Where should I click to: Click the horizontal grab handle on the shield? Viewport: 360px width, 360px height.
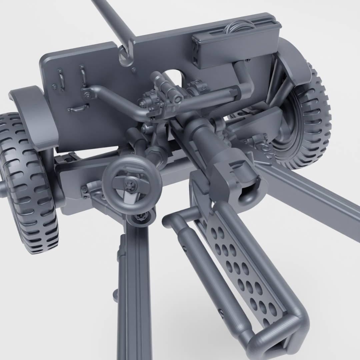[78, 108]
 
